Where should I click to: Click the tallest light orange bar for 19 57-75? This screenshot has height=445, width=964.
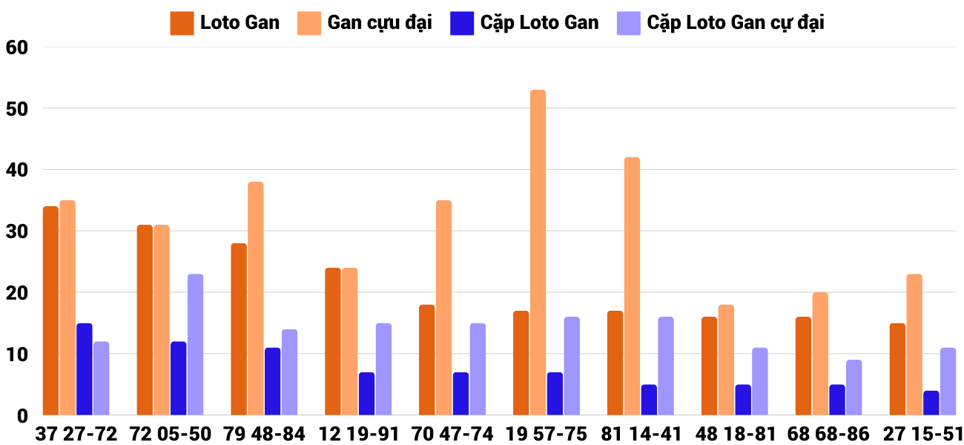click(x=538, y=252)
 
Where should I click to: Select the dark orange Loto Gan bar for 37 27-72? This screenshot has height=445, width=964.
click(x=50, y=311)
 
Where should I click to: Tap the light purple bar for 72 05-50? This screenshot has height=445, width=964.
click(x=195, y=345)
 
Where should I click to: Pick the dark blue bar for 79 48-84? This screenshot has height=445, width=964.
click(x=273, y=381)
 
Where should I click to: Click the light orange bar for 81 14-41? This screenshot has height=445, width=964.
click(x=632, y=286)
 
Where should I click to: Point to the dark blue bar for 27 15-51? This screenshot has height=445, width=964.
click(x=931, y=403)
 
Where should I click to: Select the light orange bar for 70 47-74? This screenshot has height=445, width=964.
click(x=443, y=308)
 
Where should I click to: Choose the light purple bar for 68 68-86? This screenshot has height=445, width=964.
click(x=854, y=387)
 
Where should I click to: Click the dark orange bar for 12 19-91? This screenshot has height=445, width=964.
click(x=333, y=341)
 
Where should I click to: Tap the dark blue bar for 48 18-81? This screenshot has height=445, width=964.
click(x=743, y=400)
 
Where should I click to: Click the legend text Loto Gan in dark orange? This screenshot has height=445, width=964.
click(x=240, y=23)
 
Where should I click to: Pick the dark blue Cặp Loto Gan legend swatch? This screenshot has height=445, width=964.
click(x=461, y=23)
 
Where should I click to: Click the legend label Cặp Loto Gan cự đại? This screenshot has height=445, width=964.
click(x=735, y=23)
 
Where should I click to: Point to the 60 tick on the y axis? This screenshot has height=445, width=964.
click(x=16, y=47)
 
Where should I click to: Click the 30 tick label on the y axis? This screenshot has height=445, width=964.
click(x=16, y=231)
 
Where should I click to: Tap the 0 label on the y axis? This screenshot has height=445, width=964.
click(x=22, y=416)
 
